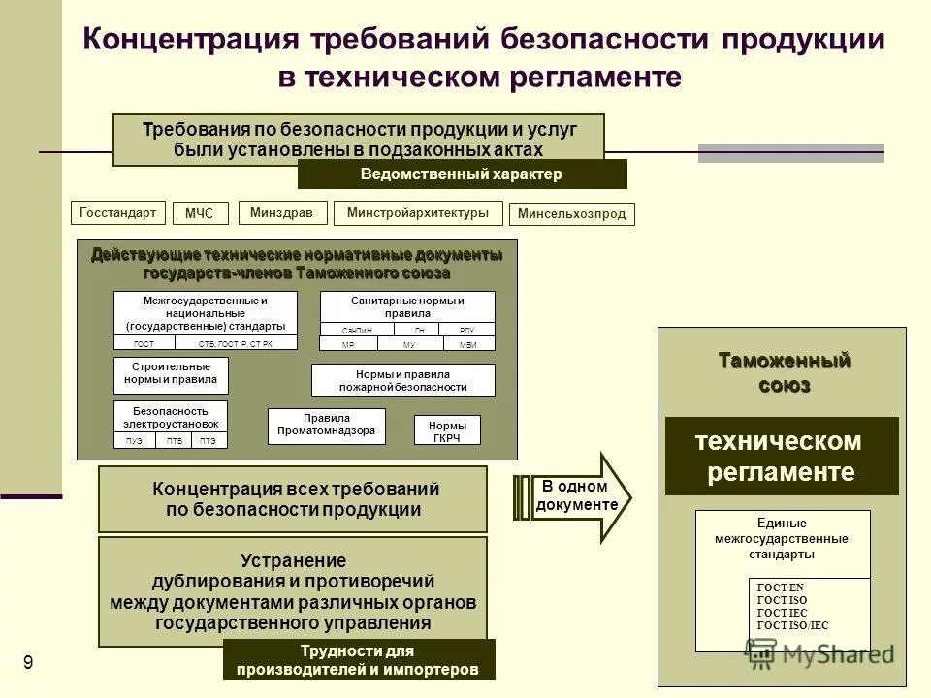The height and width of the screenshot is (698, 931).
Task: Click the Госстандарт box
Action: [x=118, y=212]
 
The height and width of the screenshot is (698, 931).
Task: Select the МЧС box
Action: [x=199, y=214]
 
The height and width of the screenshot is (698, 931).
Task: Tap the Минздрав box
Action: [x=281, y=212]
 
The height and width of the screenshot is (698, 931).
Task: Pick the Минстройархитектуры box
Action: [x=418, y=213]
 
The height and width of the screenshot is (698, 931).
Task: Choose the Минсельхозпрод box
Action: [x=572, y=214]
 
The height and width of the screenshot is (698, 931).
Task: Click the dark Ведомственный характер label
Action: [x=462, y=174]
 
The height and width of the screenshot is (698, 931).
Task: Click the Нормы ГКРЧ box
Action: [x=447, y=430]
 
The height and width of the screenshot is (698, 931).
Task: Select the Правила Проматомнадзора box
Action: [x=326, y=425]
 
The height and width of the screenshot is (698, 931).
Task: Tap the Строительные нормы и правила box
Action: [x=171, y=374]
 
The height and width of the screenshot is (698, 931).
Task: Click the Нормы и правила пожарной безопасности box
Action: [x=402, y=380]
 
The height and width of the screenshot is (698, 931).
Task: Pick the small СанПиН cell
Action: [x=357, y=330]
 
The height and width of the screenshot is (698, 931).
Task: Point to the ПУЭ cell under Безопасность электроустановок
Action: [x=134, y=441]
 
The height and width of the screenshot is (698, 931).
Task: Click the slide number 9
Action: [x=28, y=663]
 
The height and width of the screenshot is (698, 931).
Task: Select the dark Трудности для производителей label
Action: [x=359, y=660]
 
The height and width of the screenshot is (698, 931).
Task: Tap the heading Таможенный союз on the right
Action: [x=784, y=373]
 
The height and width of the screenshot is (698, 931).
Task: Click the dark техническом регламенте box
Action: [x=782, y=457]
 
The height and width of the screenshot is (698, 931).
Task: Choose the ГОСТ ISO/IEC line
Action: [x=792, y=626]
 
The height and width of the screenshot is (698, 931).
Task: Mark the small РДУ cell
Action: [x=465, y=330]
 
